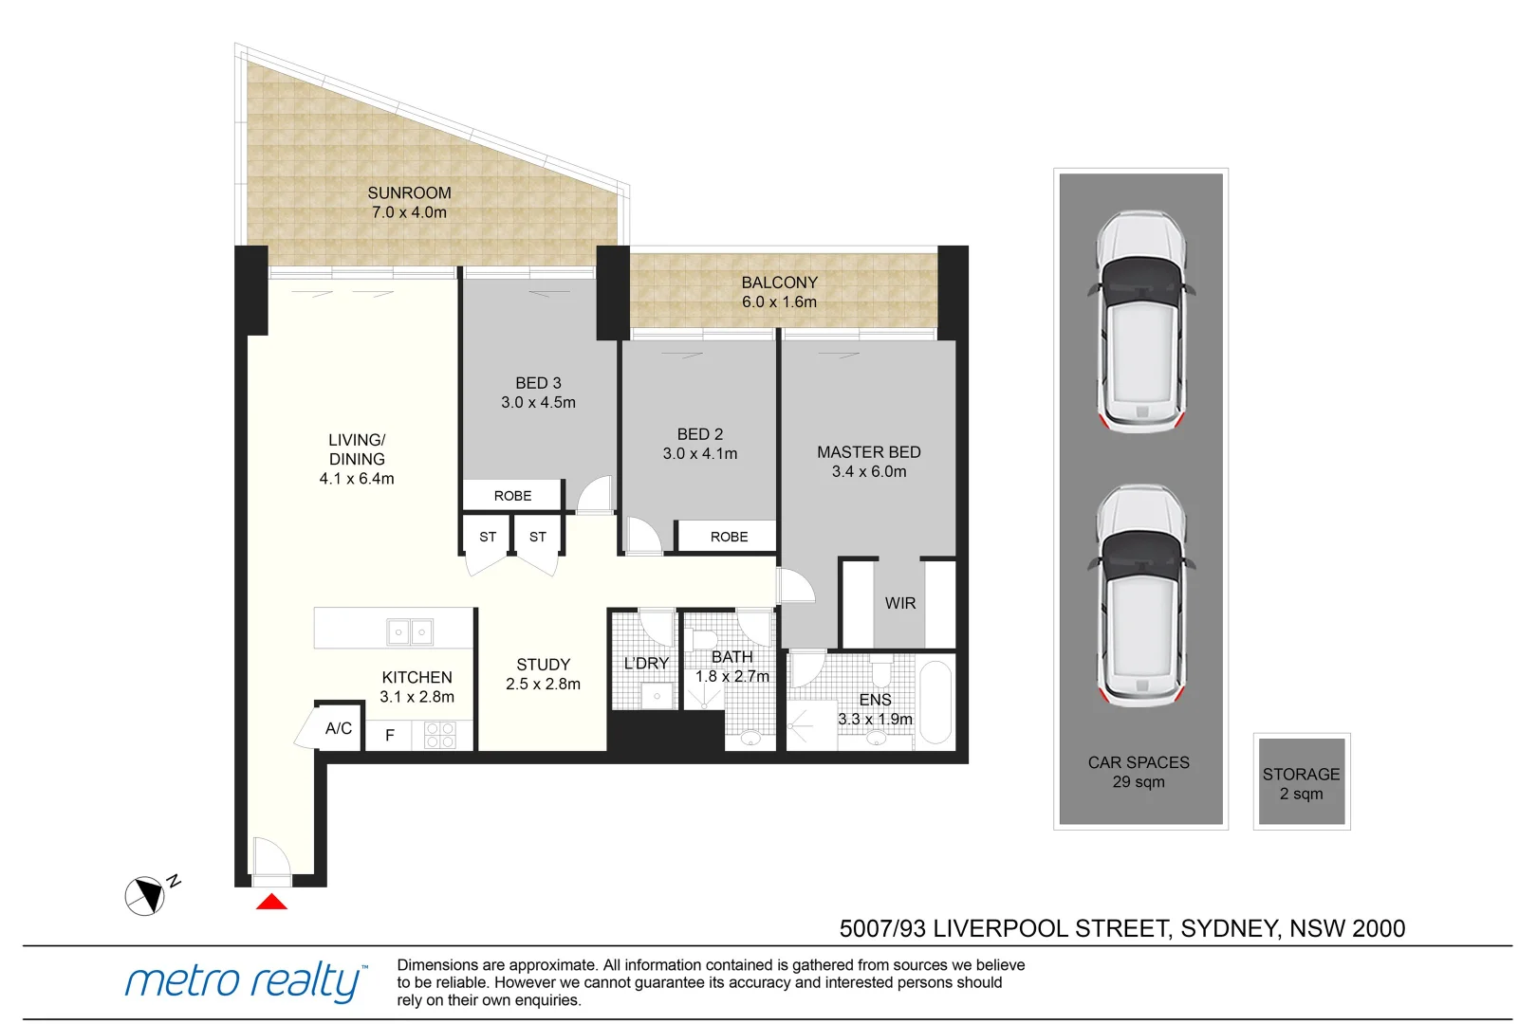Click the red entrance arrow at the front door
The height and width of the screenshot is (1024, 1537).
(271, 902)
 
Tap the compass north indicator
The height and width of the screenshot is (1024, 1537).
(145, 895)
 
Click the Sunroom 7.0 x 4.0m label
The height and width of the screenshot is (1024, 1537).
(409, 202)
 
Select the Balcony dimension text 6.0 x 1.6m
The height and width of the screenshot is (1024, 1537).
(779, 302)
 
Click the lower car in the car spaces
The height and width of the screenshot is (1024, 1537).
(1140, 594)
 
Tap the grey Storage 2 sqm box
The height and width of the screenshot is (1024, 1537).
(1301, 782)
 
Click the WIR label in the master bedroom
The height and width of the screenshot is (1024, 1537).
(899, 603)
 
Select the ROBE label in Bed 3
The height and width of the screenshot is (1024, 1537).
(512, 496)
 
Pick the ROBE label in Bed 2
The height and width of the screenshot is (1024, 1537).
(729, 537)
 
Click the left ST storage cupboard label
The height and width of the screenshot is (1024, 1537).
(488, 537)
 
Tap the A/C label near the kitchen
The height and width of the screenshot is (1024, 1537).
(338, 728)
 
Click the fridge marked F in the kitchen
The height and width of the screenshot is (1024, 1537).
(390, 735)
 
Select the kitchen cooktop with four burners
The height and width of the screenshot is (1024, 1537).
(440, 735)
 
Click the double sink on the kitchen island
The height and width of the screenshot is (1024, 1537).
(410, 631)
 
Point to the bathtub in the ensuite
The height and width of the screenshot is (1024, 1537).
(935, 703)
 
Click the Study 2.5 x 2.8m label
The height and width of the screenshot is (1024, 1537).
(543, 674)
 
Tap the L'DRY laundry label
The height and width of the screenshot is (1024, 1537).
(646, 663)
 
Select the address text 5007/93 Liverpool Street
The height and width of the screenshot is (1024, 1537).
(1121, 928)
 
